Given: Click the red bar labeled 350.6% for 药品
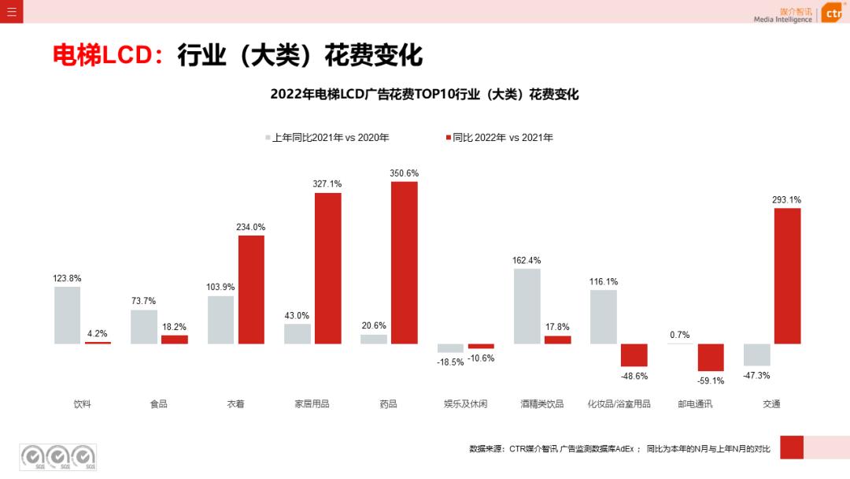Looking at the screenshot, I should [x=405, y=262].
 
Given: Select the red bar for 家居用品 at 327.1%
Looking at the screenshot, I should [x=328, y=268].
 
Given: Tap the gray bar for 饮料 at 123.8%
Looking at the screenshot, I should [x=68, y=315].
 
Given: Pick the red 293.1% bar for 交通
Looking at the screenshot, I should [x=787, y=276].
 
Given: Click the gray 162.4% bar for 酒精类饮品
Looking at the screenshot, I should [x=527, y=306].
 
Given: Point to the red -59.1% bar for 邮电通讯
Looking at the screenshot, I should [x=711, y=358].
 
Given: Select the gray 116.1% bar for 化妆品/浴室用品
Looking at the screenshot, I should [x=604, y=317].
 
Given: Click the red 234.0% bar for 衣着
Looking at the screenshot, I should [x=251, y=289].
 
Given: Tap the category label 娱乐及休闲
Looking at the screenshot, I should [x=465, y=404].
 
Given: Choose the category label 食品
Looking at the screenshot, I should [x=159, y=404].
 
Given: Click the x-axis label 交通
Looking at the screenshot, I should [x=771, y=404].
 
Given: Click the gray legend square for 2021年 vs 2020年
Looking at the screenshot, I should [x=268, y=138].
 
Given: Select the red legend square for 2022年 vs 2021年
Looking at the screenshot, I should [x=448, y=138].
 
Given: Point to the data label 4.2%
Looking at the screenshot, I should [x=98, y=333].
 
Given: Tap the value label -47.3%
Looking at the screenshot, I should [x=756, y=376].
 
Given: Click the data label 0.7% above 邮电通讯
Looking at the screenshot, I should [x=680, y=335].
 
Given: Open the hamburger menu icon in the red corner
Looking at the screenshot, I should [x=11, y=12].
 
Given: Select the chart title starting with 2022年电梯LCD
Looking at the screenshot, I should [x=424, y=95].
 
